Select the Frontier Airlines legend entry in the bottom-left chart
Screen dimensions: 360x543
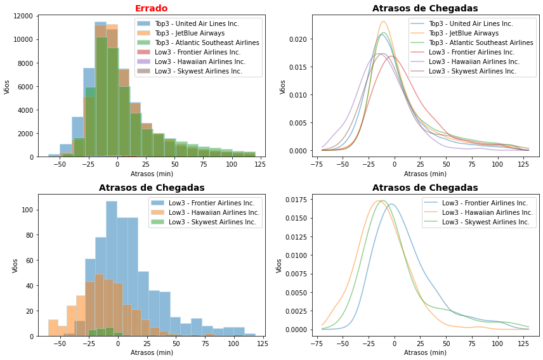click(202, 203)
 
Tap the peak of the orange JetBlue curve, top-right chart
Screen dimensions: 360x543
click(383, 22)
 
